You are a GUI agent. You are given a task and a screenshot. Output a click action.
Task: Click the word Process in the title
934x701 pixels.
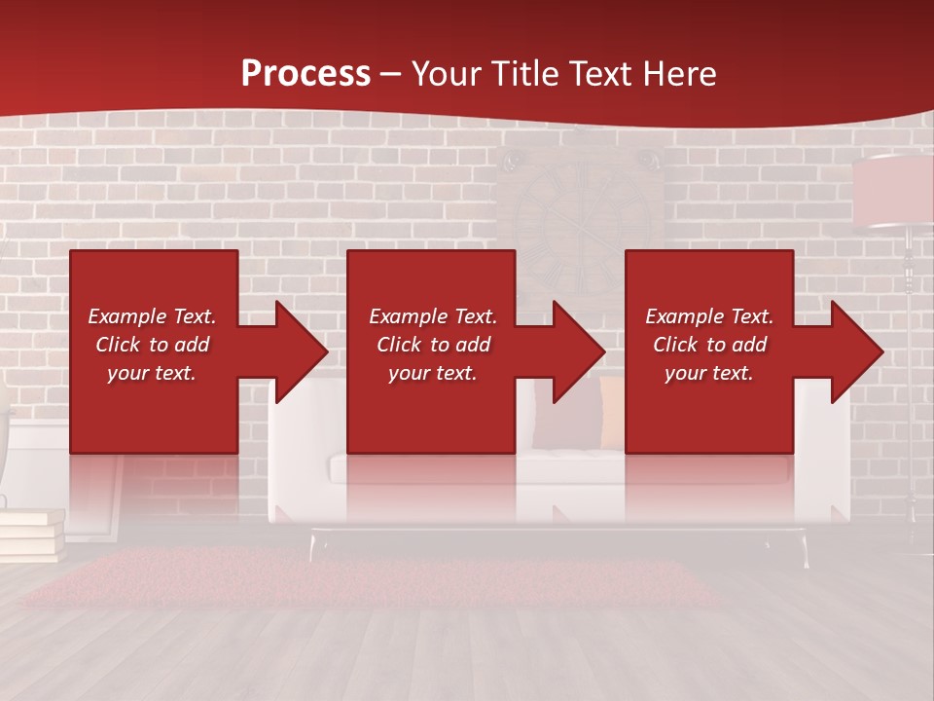click(x=305, y=73)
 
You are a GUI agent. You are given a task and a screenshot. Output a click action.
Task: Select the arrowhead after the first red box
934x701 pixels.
click(x=291, y=351)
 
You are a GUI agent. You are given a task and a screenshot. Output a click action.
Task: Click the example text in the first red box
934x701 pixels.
click(x=153, y=345)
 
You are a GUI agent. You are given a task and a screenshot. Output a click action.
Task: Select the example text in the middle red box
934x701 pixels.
click(x=432, y=345)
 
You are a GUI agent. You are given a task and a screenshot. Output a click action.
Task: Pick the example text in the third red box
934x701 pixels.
click(x=709, y=345)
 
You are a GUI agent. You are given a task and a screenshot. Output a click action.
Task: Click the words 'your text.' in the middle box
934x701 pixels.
click(x=432, y=373)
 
